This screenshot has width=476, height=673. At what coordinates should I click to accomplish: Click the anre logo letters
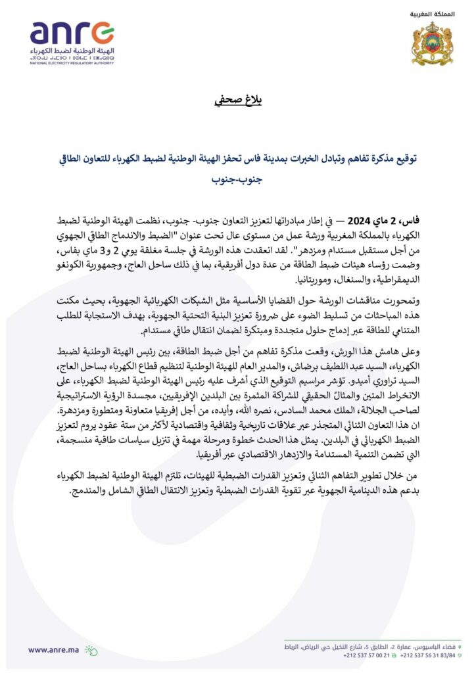pyautogui.click(x=72, y=34)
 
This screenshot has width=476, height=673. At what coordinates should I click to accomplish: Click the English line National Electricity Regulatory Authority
pyautogui.click(x=72, y=64)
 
